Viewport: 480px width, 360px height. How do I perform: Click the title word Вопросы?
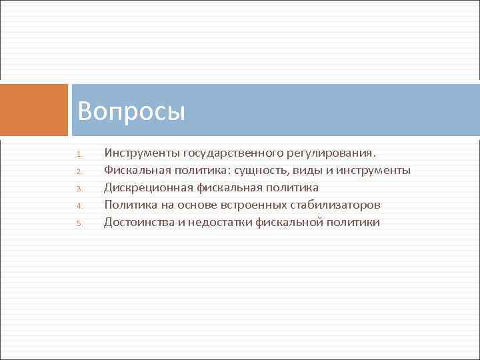click(x=131, y=111)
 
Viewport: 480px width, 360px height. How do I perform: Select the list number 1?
click(x=78, y=154)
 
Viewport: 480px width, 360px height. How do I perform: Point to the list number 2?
click(x=78, y=171)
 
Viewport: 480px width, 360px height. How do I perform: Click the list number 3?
click(x=78, y=189)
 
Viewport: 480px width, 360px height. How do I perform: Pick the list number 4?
click(x=78, y=206)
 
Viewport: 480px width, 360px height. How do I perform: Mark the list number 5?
click(x=78, y=223)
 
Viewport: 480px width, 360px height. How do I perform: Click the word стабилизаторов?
click(x=338, y=205)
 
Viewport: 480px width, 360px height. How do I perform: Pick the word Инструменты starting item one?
click(x=141, y=153)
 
